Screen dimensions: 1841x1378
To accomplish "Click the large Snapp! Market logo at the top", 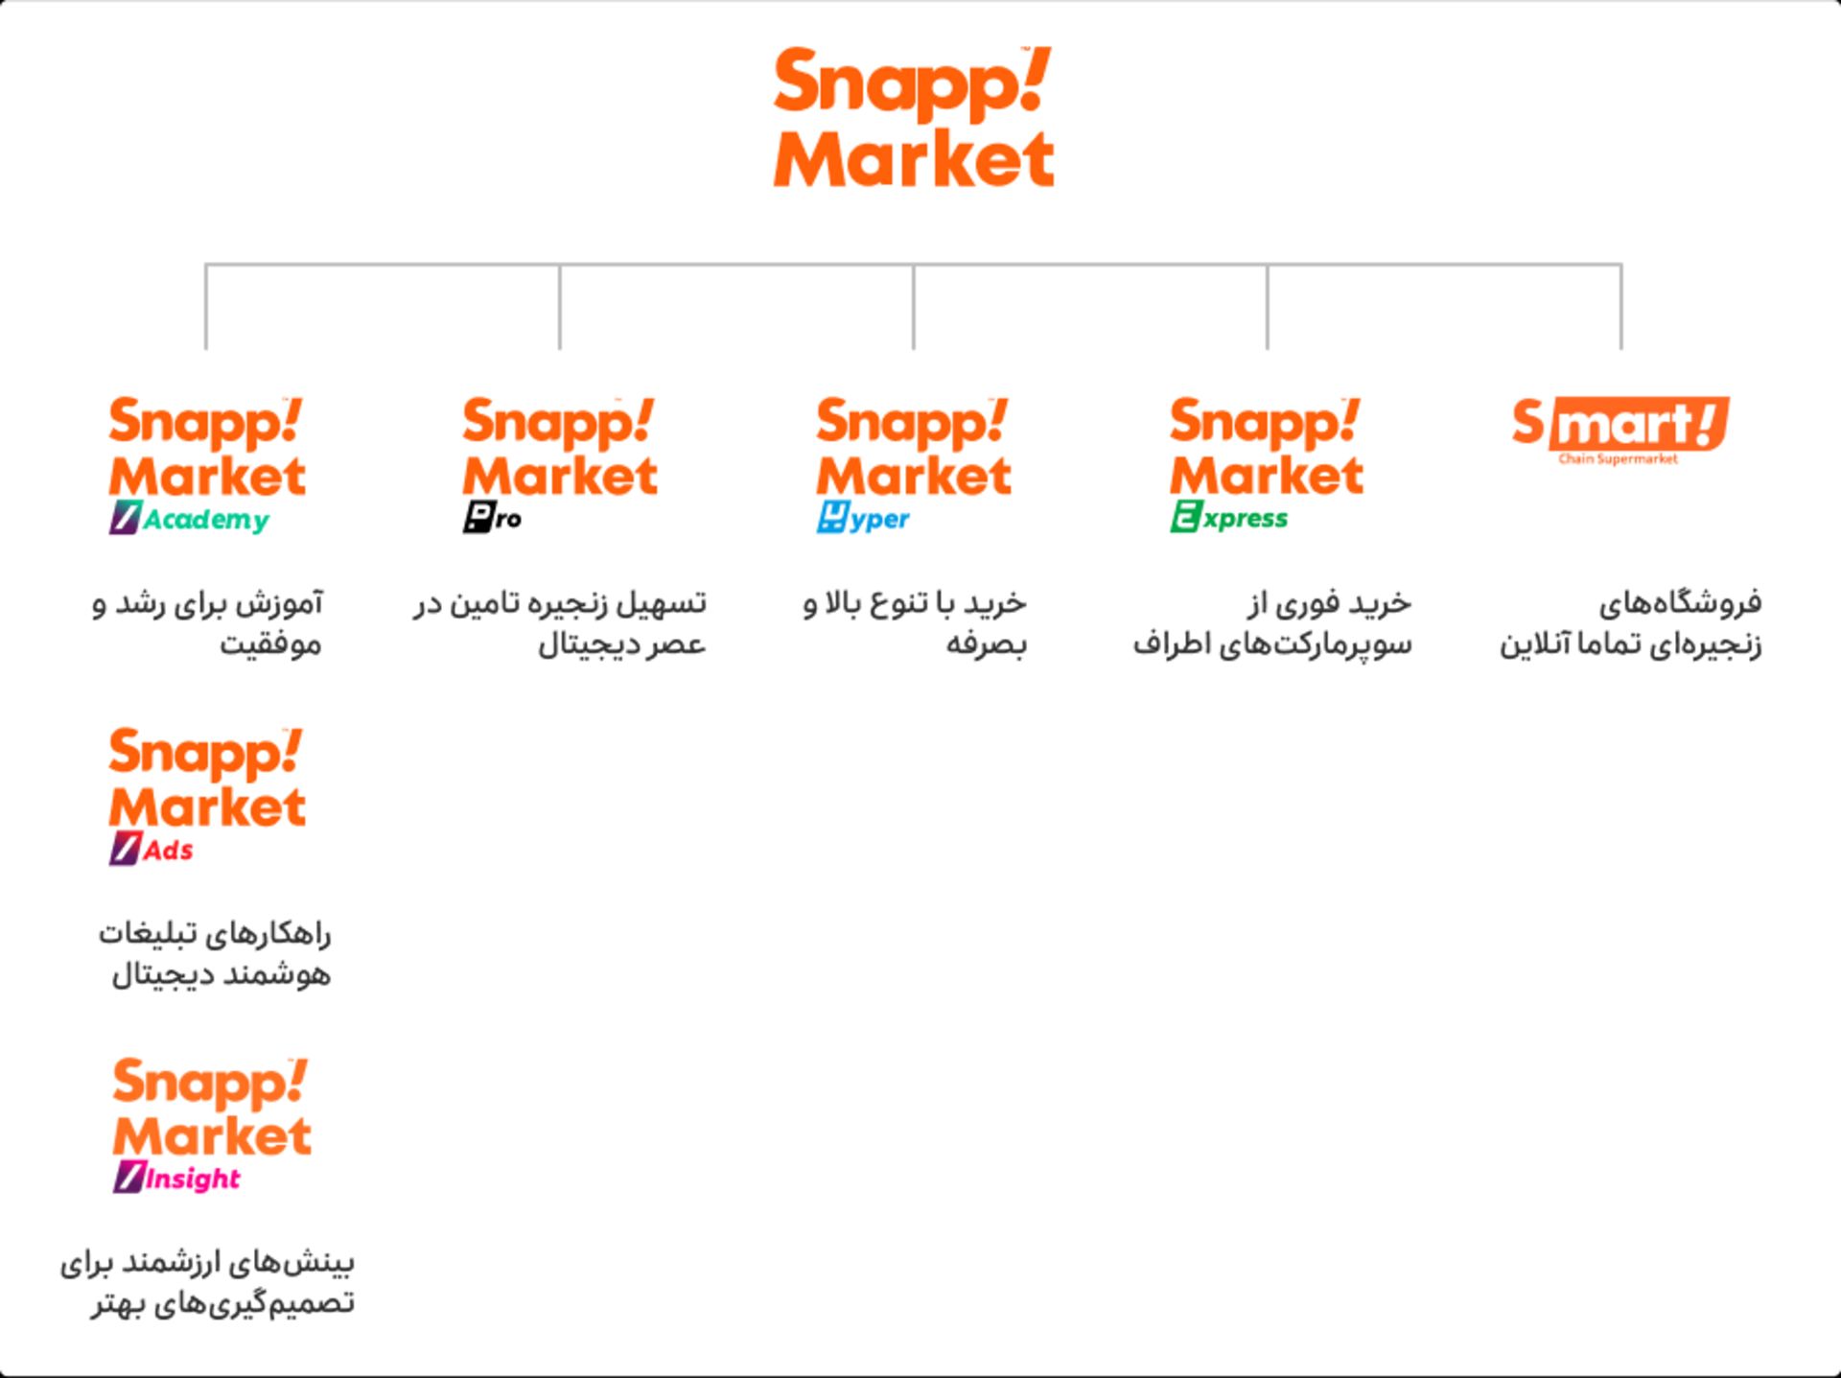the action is [x=913, y=116].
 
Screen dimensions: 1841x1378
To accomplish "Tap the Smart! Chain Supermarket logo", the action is [x=1620, y=430].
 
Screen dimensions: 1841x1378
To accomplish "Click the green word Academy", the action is [x=206, y=520].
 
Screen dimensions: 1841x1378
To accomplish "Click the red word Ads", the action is [x=169, y=850].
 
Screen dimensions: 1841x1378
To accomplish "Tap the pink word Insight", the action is [x=193, y=1178].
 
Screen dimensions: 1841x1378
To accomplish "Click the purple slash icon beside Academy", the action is [x=125, y=517].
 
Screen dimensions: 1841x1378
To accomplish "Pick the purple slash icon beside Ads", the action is [x=125, y=849].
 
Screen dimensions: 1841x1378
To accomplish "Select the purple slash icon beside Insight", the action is [x=128, y=1177].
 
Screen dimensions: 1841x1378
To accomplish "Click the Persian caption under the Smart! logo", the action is [x=1631, y=623].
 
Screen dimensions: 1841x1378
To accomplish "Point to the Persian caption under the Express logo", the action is [x=1272, y=623].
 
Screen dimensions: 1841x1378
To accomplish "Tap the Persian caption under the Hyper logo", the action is [x=915, y=623].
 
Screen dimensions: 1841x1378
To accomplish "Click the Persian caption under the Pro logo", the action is [x=560, y=623].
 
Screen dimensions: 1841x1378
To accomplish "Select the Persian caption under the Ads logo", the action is [x=215, y=954].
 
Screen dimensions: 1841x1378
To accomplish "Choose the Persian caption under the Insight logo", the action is [x=208, y=1283].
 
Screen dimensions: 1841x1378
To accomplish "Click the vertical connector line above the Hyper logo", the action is [x=914, y=307].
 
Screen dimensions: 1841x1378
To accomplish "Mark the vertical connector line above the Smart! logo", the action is [x=1621, y=307].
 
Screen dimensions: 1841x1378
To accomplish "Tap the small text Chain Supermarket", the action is [x=1619, y=458].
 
